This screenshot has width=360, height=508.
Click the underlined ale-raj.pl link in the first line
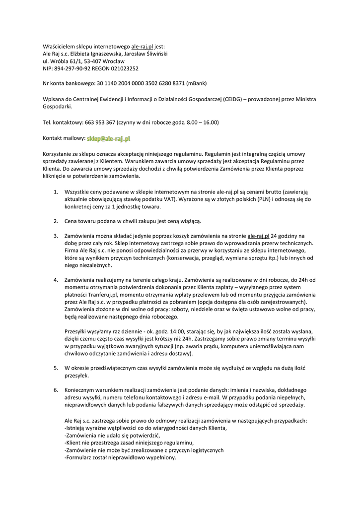(143, 46)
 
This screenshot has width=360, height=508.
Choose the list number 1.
(56, 191)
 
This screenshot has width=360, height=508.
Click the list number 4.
(56, 280)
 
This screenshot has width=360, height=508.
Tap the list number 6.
(56, 390)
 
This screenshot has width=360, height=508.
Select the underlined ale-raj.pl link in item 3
(258, 236)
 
